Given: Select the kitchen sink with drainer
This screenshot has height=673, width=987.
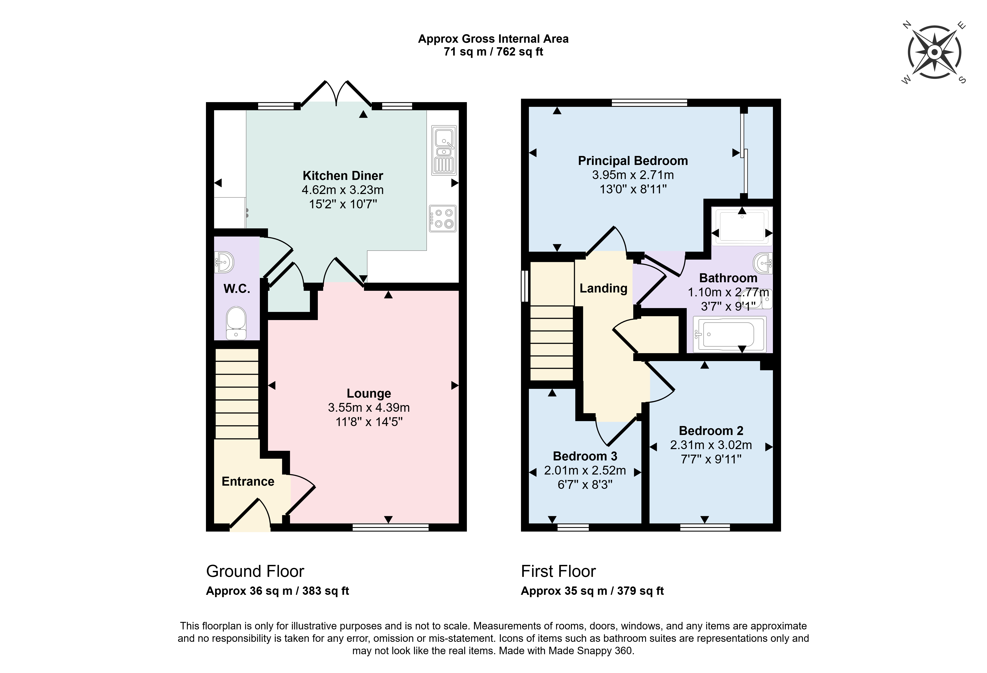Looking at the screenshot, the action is click(x=444, y=150).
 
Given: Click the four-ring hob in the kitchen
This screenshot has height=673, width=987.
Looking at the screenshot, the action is click(x=442, y=219).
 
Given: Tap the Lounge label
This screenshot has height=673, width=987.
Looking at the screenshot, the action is click(x=369, y=393).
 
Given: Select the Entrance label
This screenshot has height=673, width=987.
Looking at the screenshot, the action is click(x=248, y=481).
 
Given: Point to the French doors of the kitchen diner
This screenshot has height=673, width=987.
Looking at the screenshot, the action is click(x=336, y=93).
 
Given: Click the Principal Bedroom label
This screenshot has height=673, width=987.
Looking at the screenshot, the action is click(x=633, y=161).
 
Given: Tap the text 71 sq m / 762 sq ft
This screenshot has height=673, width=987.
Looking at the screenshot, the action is click(x=494, y=52).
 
